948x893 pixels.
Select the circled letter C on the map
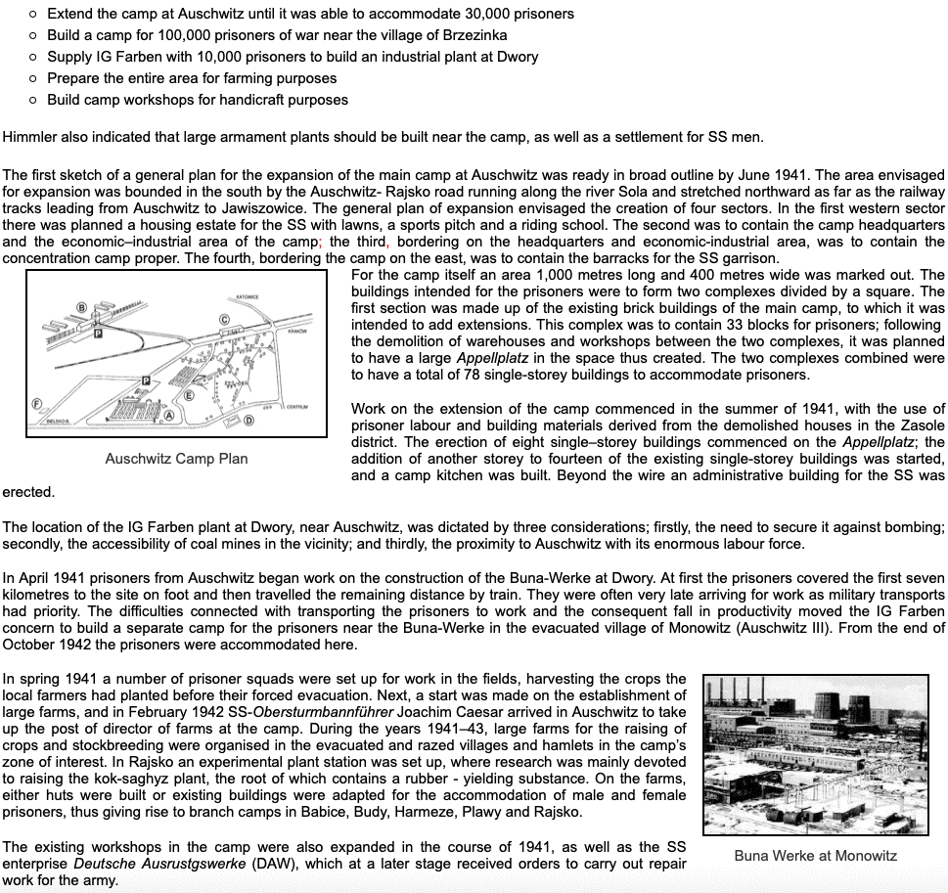[224, 319]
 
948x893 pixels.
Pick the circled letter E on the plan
[188, 396]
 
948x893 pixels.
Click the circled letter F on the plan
[35, 403]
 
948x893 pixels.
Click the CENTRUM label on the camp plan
[297, 406]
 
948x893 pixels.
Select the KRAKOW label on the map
[297, 331]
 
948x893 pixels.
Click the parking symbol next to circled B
[97, 333]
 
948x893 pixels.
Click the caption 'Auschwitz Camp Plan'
[176, 458]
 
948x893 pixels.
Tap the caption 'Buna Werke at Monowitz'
[815, 855]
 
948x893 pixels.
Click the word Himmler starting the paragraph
[29, 136]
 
